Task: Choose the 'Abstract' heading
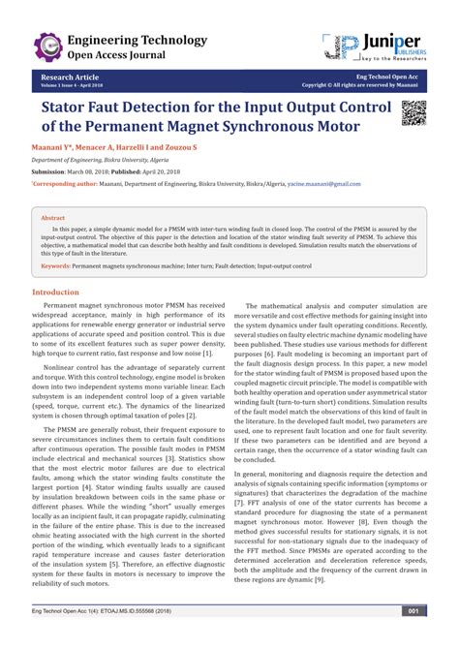coord(54,218)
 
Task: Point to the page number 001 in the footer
coord(413,637)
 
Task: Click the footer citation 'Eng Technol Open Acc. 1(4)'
coord(107,637)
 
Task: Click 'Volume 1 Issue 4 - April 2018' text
coord(73,84)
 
